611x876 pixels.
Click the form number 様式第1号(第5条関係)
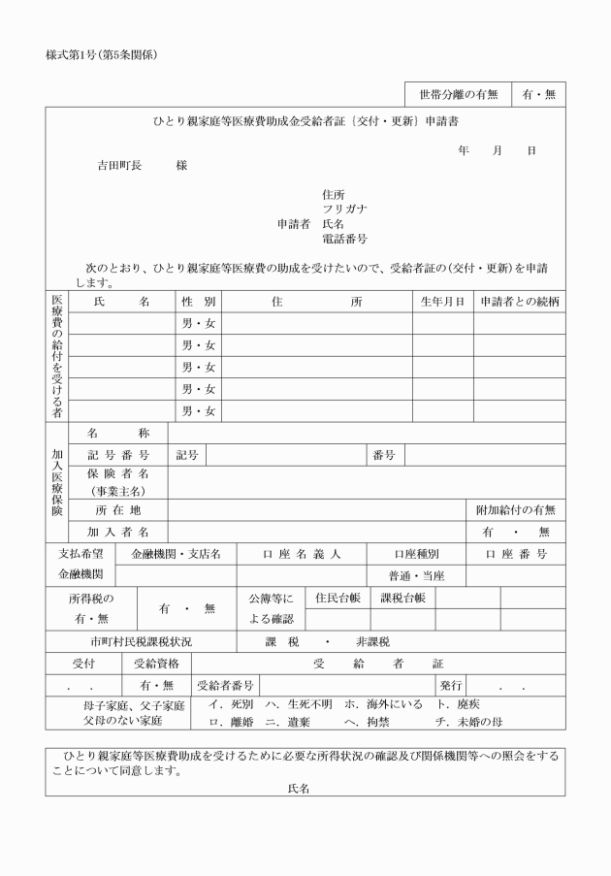(x=101, y=53)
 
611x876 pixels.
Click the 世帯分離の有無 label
(x=458, y=94)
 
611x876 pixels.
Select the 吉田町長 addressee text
(x=119, y=165)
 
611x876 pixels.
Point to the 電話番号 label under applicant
(x=344, y=239)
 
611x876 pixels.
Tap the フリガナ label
(x=344, y=209)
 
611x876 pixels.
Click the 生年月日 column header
(x=442, y=302)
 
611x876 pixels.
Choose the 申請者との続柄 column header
(x=519, y=302)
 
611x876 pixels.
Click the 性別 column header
(x=199, y=302)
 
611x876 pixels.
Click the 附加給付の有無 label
(x=515, y=510)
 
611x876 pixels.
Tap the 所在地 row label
(x=117, y=510)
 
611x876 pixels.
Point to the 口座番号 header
(x=516, y=554)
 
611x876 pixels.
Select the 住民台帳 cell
(x=338, y=598)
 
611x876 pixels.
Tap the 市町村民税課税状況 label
(x=141, y=641)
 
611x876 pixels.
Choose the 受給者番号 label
(x=225, y=686)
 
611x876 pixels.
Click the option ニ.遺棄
(x=290, y=722)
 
